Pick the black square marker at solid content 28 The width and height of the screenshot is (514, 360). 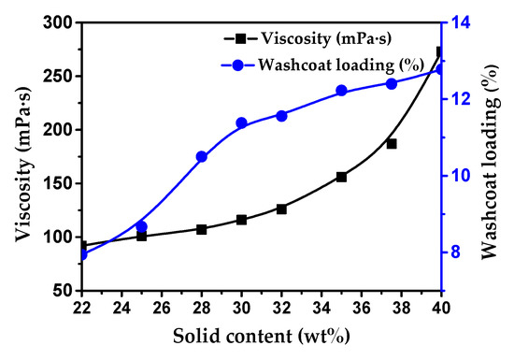(x=201, y=229)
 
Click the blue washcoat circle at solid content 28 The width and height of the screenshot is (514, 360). (x=201, y=157)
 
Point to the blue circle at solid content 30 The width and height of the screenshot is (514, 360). (x=241, y=122)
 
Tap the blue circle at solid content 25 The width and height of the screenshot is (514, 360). (x=141, y=226)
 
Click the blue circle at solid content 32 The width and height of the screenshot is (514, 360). (x=281, y=115)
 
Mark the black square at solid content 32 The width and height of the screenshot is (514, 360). (x=281, y=209)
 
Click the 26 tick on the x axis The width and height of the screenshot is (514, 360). (x=161, y=306)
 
